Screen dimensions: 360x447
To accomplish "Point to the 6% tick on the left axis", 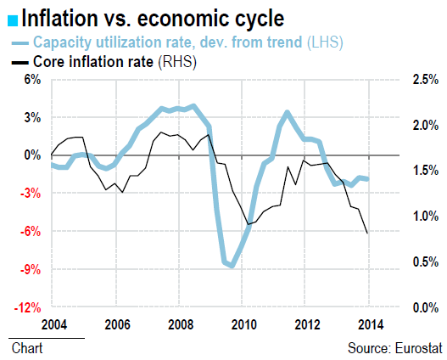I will point(31,80).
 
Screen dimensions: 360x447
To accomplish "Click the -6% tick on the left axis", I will point(31,232).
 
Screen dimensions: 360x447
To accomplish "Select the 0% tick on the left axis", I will point(31,155).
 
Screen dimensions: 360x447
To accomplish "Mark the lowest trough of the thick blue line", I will point(232,266).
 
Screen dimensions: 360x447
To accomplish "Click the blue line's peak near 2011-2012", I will point(288,112).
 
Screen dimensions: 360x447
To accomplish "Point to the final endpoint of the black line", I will point(367,233).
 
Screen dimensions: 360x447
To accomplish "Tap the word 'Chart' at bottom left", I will point(27,348).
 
